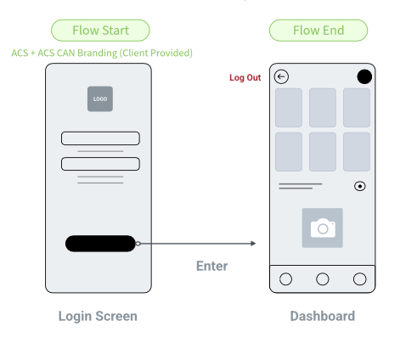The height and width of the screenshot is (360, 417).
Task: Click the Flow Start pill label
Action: click(100, 31)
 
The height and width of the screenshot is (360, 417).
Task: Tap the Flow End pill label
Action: click(318, 31)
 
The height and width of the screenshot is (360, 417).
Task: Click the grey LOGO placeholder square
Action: click(100, 98)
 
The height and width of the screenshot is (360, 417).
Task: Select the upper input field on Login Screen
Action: click(100, 138)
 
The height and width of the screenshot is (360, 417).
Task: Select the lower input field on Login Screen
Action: click(100, 164)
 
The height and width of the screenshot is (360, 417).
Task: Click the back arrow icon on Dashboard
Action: click(281, 76)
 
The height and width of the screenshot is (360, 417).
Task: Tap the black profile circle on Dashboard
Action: click(364, 76)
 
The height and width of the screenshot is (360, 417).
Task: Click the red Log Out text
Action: click(245, 77)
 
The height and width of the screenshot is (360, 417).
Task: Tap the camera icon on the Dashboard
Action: click(323, 228)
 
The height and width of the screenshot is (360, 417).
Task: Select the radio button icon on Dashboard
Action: click(360, 186)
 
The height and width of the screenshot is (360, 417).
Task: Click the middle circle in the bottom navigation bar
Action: click(323, 279)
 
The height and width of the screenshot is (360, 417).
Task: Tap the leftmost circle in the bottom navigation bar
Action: click(285, 279)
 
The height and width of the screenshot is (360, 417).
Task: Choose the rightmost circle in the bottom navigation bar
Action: click(360, 279)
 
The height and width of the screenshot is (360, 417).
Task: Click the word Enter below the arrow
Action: click(212, 266)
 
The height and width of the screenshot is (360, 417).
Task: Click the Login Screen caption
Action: click(98, 317)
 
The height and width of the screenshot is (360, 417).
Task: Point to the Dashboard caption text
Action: click(323, 316)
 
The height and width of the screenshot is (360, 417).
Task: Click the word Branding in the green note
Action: click(97, 53)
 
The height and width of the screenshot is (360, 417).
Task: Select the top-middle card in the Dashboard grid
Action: click(323, 108)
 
